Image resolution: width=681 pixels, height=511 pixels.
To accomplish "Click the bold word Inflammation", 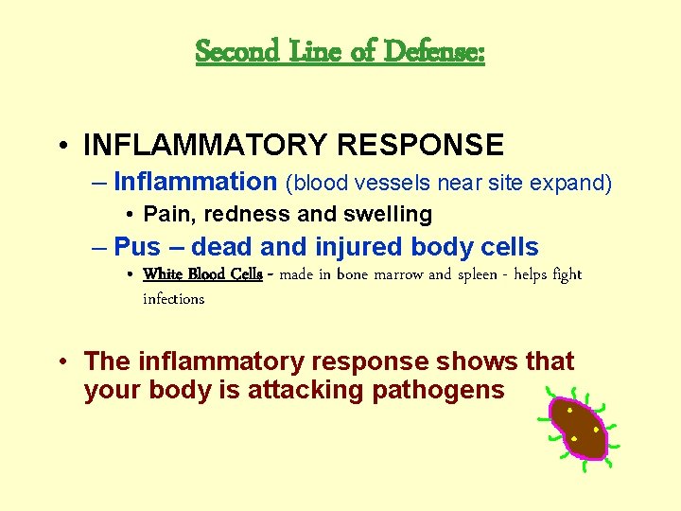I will (194, 182).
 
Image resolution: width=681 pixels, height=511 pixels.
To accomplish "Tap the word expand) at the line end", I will (576, 183).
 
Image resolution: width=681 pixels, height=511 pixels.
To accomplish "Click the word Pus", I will (137, 248).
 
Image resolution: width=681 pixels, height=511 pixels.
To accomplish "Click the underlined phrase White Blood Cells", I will (202, 274).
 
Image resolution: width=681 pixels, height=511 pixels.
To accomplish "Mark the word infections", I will (173, 299).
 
